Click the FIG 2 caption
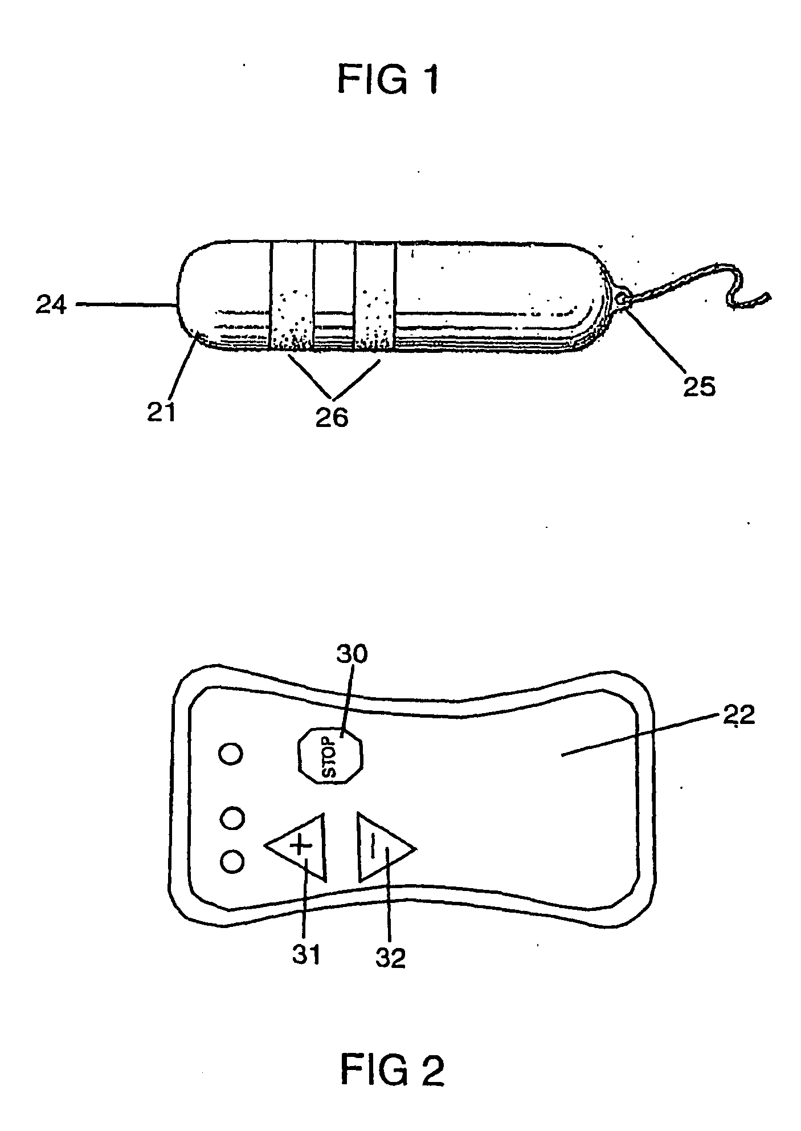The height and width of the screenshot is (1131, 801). coord(392,1069)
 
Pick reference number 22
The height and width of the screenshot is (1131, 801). coord(739,715)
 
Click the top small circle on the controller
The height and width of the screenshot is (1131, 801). coord(231,754)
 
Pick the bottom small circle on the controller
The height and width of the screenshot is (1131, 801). coord(231,861)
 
